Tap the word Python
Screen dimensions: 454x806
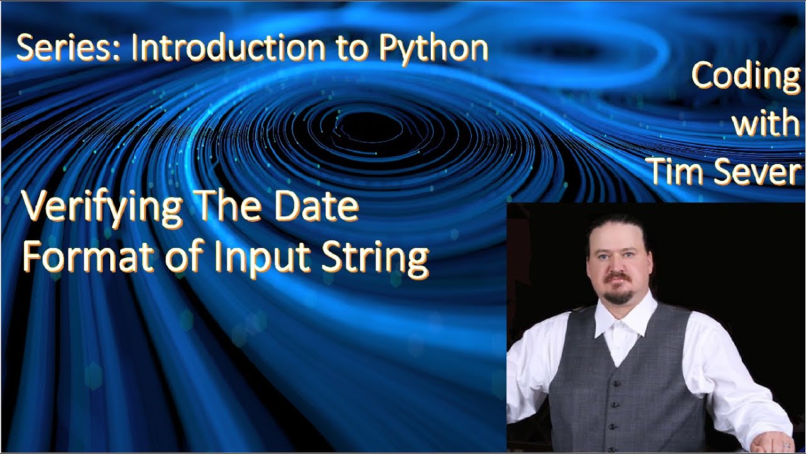[434, 49]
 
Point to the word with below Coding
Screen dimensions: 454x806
[765, 124]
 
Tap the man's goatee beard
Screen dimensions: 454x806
[618, 295]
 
